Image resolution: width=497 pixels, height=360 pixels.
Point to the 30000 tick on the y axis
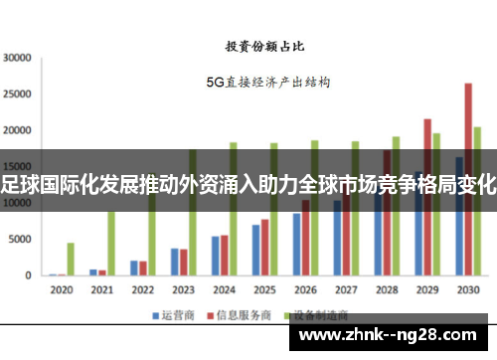click(18, 58)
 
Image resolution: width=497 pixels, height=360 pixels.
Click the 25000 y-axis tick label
click(18, 94)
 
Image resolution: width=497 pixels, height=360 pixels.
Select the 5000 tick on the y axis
click(21, 240)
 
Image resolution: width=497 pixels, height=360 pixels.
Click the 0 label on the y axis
click(29, 275)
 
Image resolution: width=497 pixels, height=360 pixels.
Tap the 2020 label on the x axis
click(61, 290)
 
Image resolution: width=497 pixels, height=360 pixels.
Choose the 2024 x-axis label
click(223, 290)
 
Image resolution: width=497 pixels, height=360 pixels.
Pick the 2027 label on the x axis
click(346, 290)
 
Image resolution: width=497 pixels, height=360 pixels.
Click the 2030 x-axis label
click(467, 290)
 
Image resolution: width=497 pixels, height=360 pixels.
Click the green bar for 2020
click(71, 259)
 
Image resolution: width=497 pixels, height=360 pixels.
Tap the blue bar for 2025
click(255, 250)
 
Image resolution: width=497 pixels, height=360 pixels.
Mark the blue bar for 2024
click(215, 256)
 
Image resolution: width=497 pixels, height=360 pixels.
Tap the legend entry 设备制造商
click(308, 315)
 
